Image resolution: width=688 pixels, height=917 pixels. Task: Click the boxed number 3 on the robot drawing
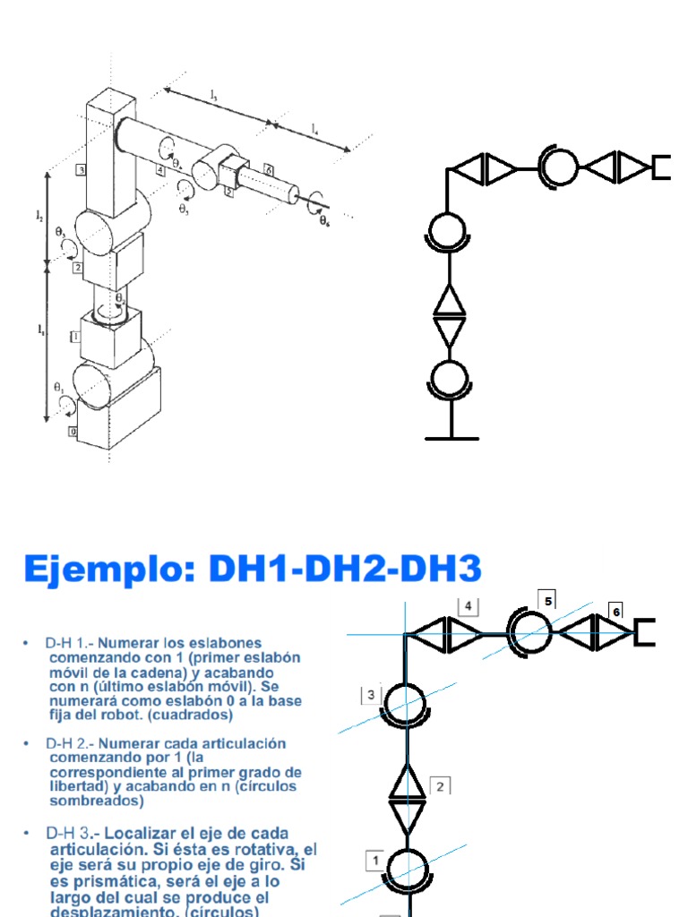pos(82,168)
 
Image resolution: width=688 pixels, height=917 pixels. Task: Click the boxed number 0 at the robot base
pos(73,433)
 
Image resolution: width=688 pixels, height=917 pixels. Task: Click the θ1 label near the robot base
pos(59,388)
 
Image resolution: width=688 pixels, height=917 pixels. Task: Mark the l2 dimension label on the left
pos(39,215)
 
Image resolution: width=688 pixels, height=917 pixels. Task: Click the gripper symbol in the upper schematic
pos(661,167)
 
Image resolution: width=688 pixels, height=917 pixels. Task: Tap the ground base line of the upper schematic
pos(451,438)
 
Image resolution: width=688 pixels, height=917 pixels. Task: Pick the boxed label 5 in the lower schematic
pos(548,599)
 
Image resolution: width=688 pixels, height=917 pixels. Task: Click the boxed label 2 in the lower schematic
pos(440,786)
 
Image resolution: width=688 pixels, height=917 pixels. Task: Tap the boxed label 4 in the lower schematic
pos(468,606)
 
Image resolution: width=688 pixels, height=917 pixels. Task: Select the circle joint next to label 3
pos(408,702)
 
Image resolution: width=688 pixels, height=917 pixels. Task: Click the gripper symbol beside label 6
pos(644,631)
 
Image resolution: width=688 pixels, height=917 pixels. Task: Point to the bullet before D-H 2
pos(27,743)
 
